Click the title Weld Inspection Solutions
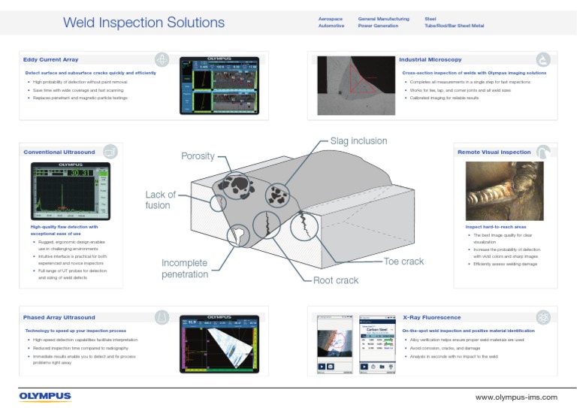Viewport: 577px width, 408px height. click(x=143, y=23)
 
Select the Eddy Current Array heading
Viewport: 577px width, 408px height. click(x=50, y=59)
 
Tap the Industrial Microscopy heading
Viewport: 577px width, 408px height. click(x=430, y=59)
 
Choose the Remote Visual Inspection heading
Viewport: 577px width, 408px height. click(x=494, y=152)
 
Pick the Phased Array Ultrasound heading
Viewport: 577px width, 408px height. click(x=59, y=317)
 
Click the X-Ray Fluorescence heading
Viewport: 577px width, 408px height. click(x=431, y=317)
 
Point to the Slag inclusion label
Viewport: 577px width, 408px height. click(x=358, y=141)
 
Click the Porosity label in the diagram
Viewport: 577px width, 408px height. click(x=198, y=156)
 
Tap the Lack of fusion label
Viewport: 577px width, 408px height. click(x=161, y=200)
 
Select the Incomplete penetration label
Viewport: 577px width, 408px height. click(x=185, y=269)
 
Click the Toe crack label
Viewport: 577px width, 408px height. click(x=403, y=261)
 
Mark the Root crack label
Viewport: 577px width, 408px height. click(x=336, y=280)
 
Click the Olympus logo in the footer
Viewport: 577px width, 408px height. click(x=45, y=396)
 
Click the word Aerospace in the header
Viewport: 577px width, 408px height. click(x=332, y=18)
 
